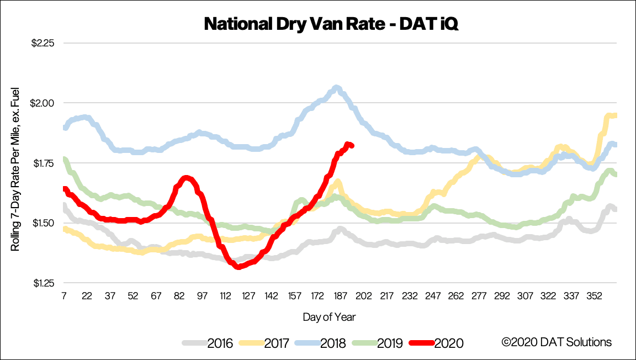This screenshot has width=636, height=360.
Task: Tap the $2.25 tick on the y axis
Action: click(x=43, y=43)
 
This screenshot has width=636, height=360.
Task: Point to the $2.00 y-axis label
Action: click(x=43, y=103)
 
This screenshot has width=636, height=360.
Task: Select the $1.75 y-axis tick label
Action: click(x=43, y=163)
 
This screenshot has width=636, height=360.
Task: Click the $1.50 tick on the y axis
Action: click(x=43, y=223)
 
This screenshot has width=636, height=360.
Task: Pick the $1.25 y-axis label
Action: click(x=43, y=283)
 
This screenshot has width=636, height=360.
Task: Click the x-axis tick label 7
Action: click(x=63, y=297)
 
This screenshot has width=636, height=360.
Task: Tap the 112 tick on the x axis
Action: click(x=225, y=297)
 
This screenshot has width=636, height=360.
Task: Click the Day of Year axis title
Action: click(x=329, y=317)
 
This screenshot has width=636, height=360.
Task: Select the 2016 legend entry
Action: click(x=208, y=343)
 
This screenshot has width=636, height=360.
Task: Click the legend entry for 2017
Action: click(x=264, y=343)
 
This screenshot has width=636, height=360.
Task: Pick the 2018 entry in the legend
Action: click(x=320, y=343)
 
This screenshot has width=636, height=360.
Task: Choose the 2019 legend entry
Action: click(x=377, y=343)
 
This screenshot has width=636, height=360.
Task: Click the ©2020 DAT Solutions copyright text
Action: click(x=556, y=342)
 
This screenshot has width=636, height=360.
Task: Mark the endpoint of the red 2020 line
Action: click(x=352, y=146)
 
